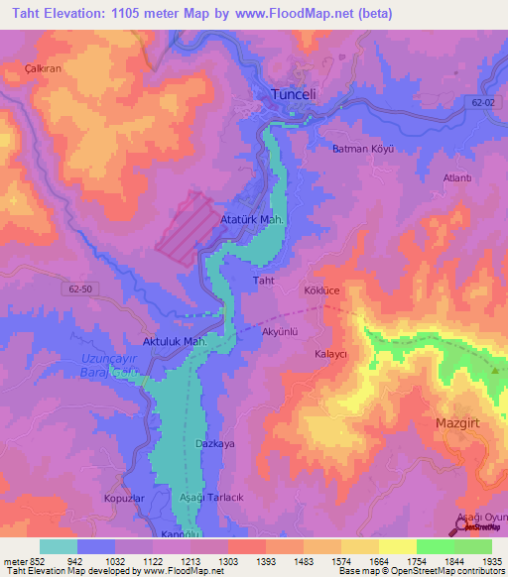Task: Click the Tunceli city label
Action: [x=294, y=93]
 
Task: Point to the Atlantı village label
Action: [x=456, y=178]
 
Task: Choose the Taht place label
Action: [x=263, y=281]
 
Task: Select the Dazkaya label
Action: [x=215, y=443]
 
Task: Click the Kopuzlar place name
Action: [x=124, y=498]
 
